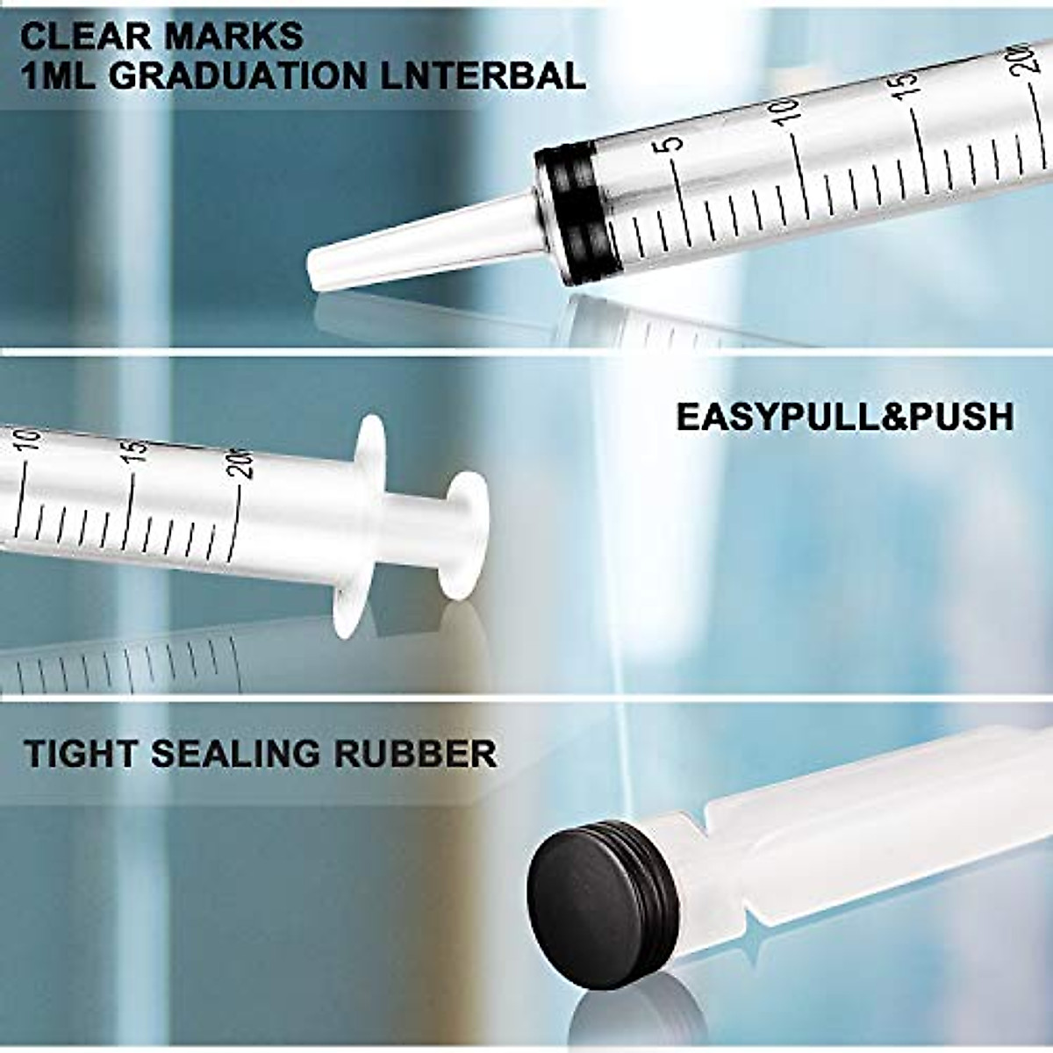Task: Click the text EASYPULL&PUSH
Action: [x=844, y=417]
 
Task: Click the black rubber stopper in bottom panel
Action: [x=597, y=895]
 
